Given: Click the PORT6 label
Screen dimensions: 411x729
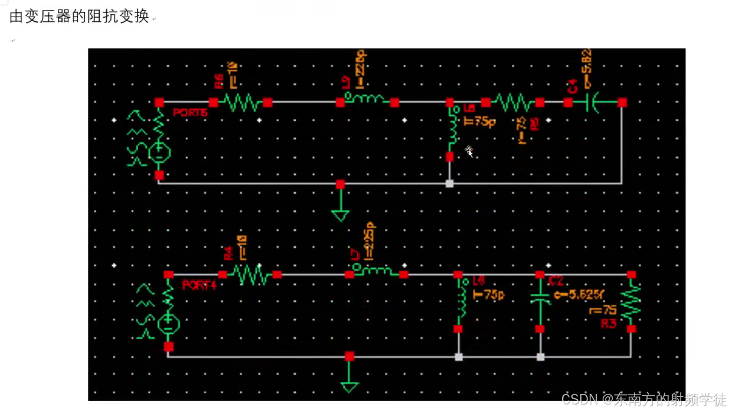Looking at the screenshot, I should (x=191, y=113).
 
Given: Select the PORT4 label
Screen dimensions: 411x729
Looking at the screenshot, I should (x=200, y=285).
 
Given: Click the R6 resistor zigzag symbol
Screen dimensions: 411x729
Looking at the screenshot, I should (x=241, y=103).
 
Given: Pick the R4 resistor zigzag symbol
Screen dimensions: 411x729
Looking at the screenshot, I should (x=250, y=275).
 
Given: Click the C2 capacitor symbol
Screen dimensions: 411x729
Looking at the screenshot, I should (x=540, y=298).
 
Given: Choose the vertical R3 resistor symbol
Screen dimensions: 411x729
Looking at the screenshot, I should (x=631, y=301).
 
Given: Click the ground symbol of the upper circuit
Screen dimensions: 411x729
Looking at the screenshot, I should (x=340, y=213).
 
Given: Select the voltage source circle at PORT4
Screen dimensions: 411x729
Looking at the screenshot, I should (x=168, y=323).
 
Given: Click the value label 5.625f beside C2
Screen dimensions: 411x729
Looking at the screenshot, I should (x=577, y=295).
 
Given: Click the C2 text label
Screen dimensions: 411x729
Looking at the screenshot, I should (x=556, y=281).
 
